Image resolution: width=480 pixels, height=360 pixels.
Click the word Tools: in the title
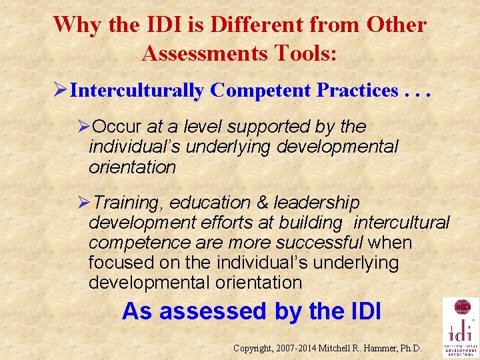pos(307,53)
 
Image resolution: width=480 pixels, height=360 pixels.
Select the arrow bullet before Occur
pos(83,126)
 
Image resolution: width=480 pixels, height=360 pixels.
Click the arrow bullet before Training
pos(83,202)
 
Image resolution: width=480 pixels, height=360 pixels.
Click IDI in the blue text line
pos(363,311)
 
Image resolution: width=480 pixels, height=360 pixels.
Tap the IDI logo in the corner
pos(461,328)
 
